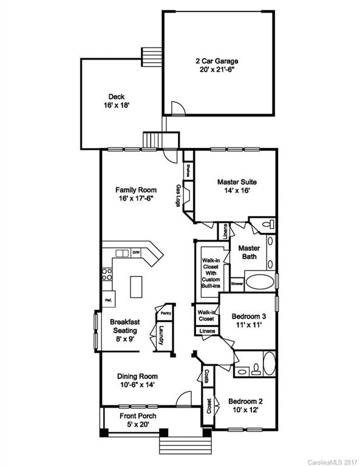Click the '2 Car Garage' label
point(216,61)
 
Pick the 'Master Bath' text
point(249,252)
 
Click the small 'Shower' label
point(237,283)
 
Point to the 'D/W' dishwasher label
point(137,252)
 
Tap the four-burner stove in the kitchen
point(107,274)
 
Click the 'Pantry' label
point(165,313)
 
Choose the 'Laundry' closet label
point(162,336)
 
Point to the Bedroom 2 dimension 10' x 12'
point(246,410)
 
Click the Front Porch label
point(138,416)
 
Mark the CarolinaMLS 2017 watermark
point(335,461)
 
